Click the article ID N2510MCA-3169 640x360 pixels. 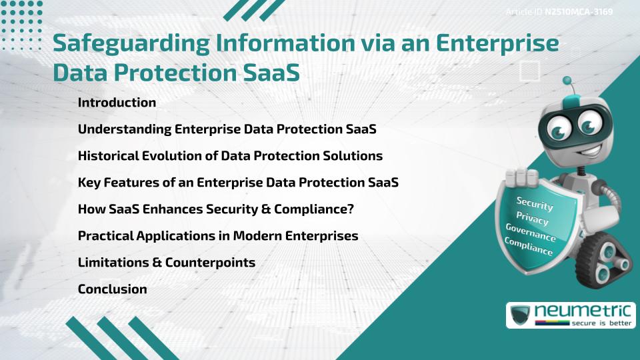click(x=579, y=11)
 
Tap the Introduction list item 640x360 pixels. click(x=117, y=103)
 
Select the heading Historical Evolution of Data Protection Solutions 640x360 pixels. click(x=230, y=156)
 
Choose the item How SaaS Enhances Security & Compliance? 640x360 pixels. click(x=215, y=209)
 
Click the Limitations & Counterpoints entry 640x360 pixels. click(x=167, y=263)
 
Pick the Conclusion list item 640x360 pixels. click(x=112, y=289)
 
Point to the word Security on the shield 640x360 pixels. click(x=535, y=203)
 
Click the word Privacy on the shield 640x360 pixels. click(x=532, y=218)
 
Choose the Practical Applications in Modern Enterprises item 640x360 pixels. click(x=218, y=236)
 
